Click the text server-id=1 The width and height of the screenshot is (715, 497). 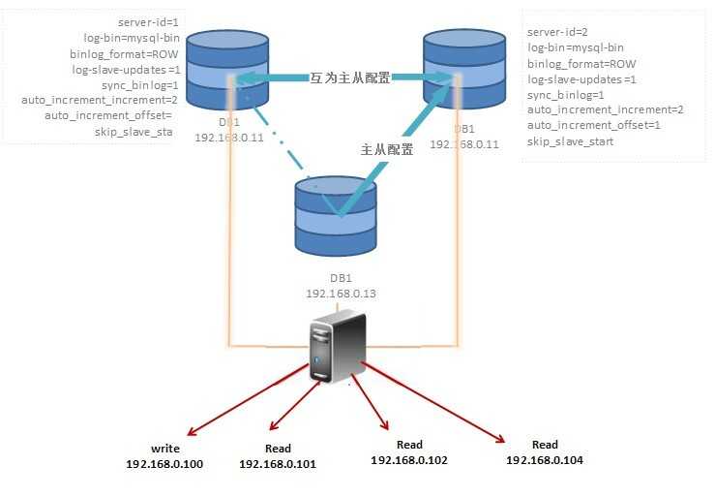[x=148, y=21]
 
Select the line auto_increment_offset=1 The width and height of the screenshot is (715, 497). [x=594, y=126]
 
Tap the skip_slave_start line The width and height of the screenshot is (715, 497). [x=570, y=142]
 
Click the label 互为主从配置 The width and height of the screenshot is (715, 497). [x=349, y=78]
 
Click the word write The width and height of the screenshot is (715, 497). [x=166, y=450]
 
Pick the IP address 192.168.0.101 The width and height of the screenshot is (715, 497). [x=278, y=464]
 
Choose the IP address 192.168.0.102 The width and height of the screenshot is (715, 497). [x=409, y=460]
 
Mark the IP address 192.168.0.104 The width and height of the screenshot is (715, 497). [x=545, y=459]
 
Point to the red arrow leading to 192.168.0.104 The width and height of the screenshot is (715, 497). [x=435, y=403]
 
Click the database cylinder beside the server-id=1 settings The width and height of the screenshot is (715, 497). [x=226, y=71]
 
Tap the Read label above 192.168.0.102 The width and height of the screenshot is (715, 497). [x=409, y=446]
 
